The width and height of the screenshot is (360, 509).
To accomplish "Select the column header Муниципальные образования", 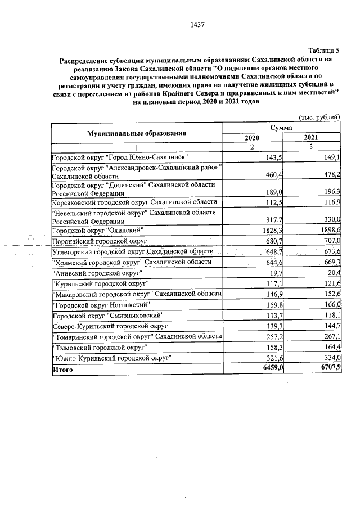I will pos(136,133).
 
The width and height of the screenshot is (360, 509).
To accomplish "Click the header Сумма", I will pos(281,128).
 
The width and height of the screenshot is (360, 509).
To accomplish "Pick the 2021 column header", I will pos(310,138).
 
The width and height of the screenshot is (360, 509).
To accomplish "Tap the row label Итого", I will pos(62,370).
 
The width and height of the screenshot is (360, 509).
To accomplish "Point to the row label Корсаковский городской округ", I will pos(134,202).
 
